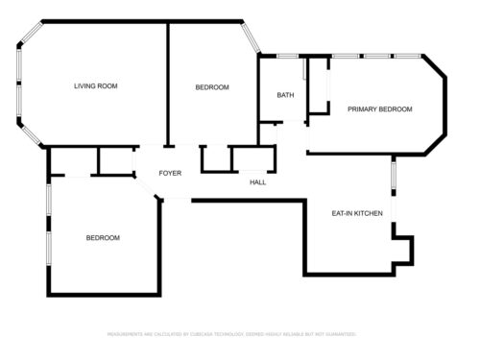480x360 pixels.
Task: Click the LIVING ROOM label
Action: tap(95, 86)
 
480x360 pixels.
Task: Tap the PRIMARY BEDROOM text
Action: tap(379, 109)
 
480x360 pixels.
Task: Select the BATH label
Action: tap(285, 95)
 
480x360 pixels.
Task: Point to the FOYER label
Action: tap(170, 174)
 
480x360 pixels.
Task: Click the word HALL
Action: tap(258, 181)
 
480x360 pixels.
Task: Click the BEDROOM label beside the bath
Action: tap(212, 87)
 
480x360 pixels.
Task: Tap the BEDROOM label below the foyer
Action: tap(103, 237)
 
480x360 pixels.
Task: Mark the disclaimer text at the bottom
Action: tap(230, 334)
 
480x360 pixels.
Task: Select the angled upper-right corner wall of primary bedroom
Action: tap(434, 68)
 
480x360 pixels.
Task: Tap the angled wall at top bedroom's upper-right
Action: tap(250, 36)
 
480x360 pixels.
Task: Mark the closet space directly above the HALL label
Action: tap(252, 158)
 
